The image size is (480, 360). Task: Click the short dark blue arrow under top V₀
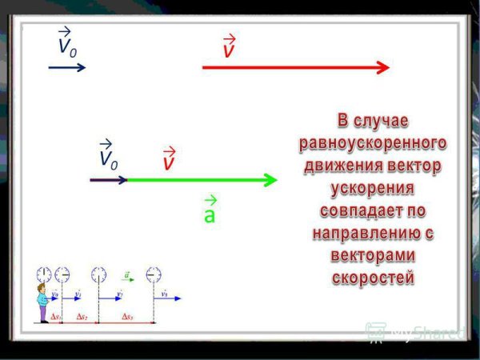pyautogui.click(x=67, y=68)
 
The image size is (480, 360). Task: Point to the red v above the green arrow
pyautogui.click(x=169, y=160)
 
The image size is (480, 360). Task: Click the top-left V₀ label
pyautogui.click(x=66, y=43)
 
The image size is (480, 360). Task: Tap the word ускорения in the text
pyautogui.click(x=372, y=189)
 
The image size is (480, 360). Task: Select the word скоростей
pyautogui.click(x=372, y=278)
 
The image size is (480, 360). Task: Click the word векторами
pyautogui.click(x=372, y=256)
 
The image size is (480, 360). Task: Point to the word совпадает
pyautogui.click(x=372, y=211)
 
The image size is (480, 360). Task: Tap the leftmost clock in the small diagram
pyautogui.click(x=44, y=274)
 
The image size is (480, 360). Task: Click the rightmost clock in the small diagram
pyautogui.click(x=153, y=274)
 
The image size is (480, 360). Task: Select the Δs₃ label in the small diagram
pyautogui.click(x=128, y=317)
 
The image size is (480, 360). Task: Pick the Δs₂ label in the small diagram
pyautogui.click(x=82, y=317)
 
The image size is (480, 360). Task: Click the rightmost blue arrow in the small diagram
pyautogui.click(x=168, y=298)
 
